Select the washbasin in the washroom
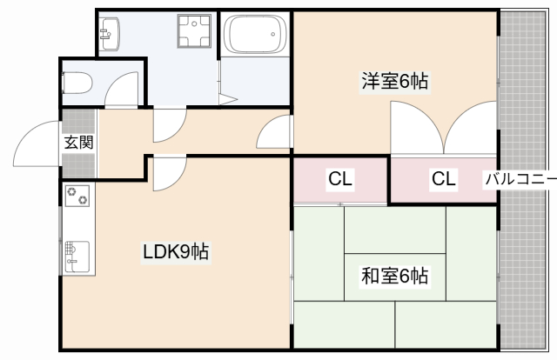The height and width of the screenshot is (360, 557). [110, 34]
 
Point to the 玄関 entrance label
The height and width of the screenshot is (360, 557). [77, 143]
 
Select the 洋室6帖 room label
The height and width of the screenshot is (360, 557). [396, 83]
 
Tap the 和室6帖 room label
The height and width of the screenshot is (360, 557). [394, 277]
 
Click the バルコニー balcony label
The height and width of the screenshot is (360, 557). [520, 180]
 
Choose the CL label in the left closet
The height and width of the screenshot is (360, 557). [339, 180]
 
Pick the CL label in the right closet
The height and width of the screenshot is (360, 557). [443, 180]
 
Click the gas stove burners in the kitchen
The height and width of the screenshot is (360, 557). [77, 197]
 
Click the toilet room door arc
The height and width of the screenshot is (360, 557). [124, 89]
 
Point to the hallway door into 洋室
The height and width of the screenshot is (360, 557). [275, 132]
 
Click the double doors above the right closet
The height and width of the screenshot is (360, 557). [444, 129]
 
